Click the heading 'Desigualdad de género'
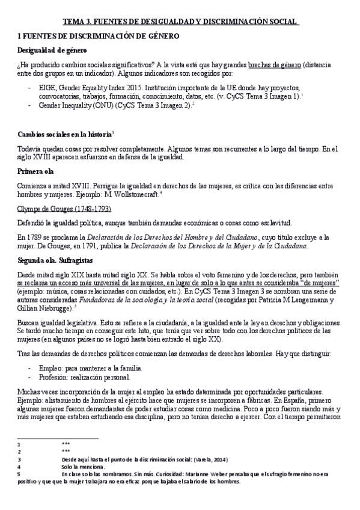pos(52,50)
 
